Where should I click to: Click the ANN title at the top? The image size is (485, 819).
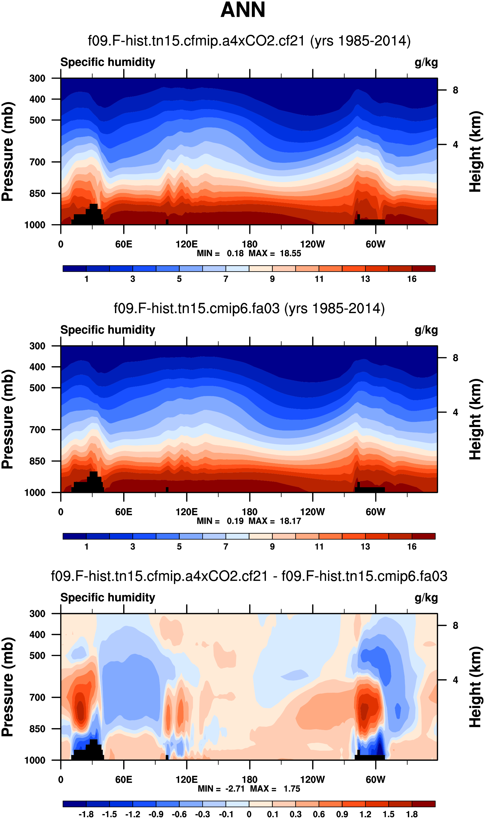[x=242, y=10]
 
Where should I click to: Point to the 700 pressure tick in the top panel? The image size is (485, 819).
[x=37, y=162]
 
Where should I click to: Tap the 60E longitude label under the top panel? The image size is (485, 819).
[x=123, y=244]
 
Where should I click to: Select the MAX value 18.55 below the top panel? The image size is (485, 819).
[x=290, y=253]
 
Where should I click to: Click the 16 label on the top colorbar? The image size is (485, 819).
[x=411, y=279]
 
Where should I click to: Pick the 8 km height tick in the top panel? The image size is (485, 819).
[x=455, y=90]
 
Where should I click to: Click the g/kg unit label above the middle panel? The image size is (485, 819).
[x=426, y=330]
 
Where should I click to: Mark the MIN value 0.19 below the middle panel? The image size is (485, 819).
[x=235, y=521]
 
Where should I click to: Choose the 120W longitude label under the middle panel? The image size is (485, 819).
[x=312, y=512]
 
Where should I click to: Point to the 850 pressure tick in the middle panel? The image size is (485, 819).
[x=37, y=461]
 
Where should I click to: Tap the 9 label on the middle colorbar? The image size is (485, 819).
[x=272, y=547]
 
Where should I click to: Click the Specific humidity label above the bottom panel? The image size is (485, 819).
[x=107, y=598]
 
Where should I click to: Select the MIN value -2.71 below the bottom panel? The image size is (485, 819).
[x=235, y=789]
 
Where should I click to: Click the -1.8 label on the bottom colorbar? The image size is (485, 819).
[x=86, y=814]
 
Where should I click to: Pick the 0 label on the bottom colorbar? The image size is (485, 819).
[x=249, y=814]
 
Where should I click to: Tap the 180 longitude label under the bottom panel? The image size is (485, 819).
[x=249, y=780]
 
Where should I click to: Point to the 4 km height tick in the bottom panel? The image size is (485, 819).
[x=455, y=680]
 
